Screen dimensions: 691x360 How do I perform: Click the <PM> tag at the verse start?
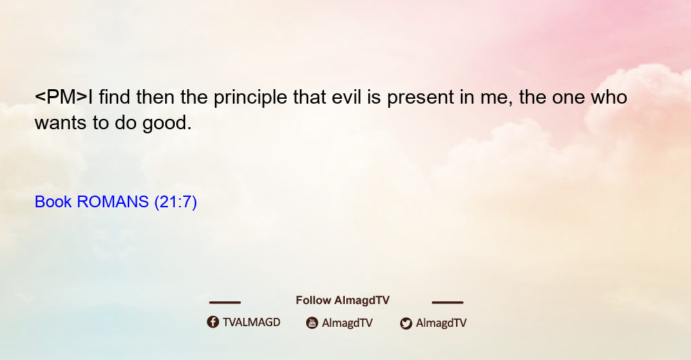[61, 97]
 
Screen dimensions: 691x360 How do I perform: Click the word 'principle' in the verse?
[250, 98]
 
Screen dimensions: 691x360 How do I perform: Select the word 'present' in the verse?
[420, 98]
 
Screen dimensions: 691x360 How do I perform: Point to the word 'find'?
[114, 97]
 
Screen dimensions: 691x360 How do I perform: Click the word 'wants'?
[61, 124]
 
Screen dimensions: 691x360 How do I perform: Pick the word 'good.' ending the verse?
[167, 124]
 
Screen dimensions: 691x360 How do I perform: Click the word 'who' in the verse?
[609, 97]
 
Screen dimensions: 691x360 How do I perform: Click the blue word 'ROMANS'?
[113, 202]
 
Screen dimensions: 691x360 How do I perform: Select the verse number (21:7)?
[176, 202]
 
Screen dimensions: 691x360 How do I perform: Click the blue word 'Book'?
[53, 202]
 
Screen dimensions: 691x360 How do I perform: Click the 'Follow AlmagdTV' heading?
[343, 301]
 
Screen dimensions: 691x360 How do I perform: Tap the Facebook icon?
[213, 322]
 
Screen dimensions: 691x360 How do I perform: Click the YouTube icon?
[312, 323]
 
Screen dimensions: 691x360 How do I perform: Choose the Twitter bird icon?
[406, 323]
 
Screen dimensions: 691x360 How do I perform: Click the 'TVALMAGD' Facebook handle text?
[252, 323]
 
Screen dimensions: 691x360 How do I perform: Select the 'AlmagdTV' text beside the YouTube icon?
[348, 323]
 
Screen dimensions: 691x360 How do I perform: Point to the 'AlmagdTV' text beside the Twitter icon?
[441, 323]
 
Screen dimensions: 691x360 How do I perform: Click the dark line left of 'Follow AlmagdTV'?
[225, 303]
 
